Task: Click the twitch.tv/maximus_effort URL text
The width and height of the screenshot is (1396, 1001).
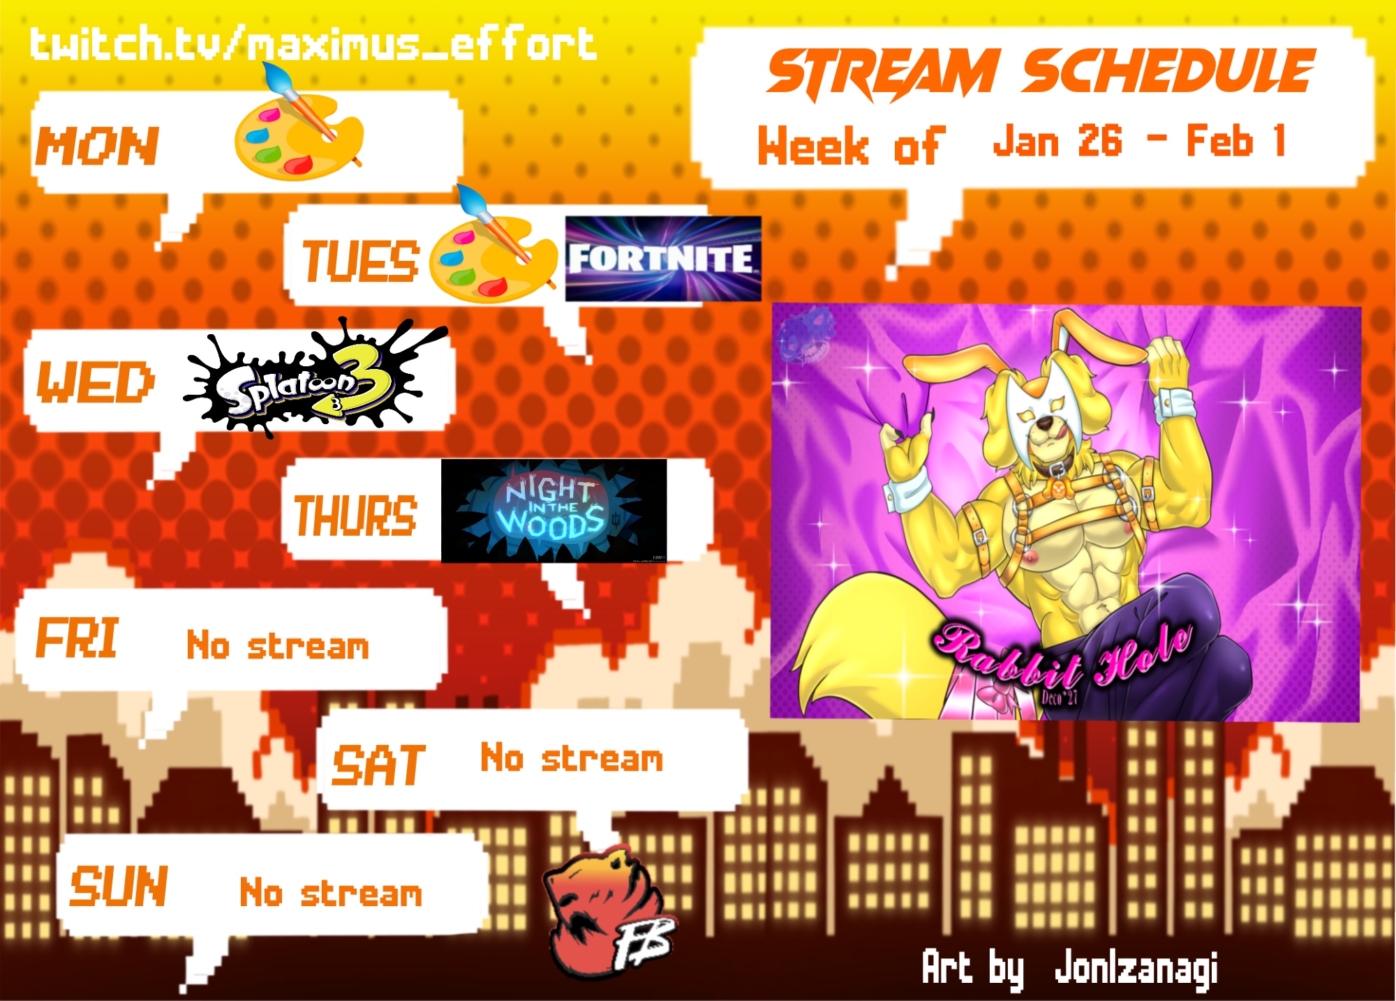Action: [x=313, y=43]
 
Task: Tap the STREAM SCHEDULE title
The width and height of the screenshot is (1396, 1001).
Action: [x=1041, y=73]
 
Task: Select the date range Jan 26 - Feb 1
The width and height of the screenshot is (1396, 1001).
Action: [x=1139, y=141]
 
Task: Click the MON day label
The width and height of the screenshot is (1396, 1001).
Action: [x=98, y=146]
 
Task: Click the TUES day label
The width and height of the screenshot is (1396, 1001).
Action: [x=361, y=262]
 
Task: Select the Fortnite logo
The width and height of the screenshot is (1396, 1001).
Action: [x=663, y=259]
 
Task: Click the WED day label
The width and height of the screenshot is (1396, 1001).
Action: [x=96, y=383]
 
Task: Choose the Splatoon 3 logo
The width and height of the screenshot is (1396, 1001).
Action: [x=314, y=378]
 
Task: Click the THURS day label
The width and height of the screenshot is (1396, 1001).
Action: [x=355, y=516]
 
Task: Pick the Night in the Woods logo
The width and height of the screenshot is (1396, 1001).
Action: [x=554, y=511]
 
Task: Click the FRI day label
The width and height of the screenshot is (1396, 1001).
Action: [x=77, y=638]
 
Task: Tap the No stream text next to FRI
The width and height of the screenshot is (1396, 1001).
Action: [x=278, y=645]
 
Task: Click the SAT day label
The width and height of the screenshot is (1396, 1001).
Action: [x=379, y=765]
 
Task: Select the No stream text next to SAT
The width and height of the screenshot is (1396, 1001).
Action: [x=572, y=758]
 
